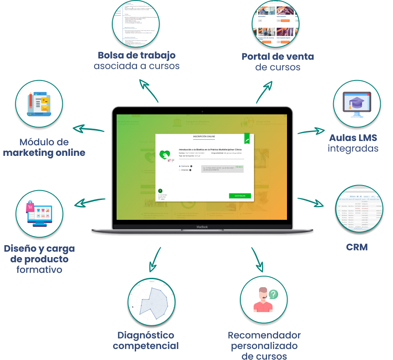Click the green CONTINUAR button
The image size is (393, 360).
tap(240, 196)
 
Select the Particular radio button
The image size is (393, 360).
tap(179, 166)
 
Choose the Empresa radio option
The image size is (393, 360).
tap(179, 170)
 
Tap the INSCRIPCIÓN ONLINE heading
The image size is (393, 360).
tap(204, 137)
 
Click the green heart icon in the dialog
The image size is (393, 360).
tap(164, 155)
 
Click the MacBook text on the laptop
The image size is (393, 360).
tap(202, 227)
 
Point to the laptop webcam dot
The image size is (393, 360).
tap(202, 111)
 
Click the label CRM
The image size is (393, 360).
tap(357, 247)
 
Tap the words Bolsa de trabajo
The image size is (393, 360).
tap(137, 55)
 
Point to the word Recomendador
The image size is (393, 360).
tap(264, 335)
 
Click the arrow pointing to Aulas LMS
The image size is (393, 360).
tap(312, 131)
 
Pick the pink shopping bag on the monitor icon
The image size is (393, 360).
tap(30, 207)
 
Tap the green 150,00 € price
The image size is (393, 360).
tap(239, 167)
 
